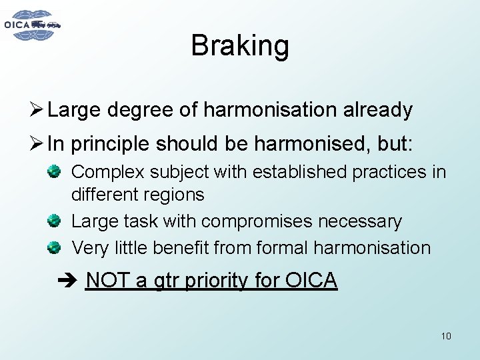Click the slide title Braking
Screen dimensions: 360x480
tap(240, 46)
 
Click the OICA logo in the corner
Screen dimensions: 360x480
tap(33, 25)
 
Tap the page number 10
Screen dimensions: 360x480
tap(446, 336)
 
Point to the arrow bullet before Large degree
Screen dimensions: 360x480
tap(37, 110)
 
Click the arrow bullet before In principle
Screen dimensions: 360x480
tap(37, 143)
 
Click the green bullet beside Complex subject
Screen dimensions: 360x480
tap(55, 171)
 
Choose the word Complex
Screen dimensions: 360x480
tap(107, 172)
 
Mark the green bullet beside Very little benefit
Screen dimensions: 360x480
tap(55, 247)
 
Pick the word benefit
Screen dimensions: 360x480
tap(177, 248)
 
